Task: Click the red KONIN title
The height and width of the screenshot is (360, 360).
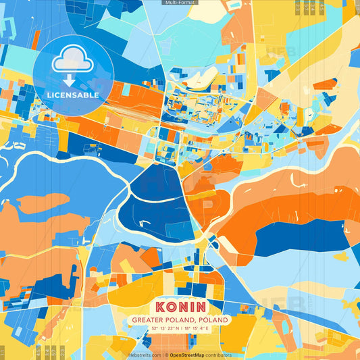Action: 180,305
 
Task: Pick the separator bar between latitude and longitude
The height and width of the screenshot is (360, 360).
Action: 180,328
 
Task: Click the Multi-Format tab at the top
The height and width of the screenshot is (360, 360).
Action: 180,3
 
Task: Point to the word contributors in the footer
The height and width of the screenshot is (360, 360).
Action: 220,355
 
